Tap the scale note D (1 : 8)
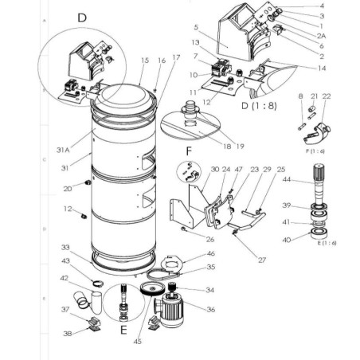[259, 104]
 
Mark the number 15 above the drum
[144, 60]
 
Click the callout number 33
[65, 248]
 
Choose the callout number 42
[65, 277]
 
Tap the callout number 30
[193, 168]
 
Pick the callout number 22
[327, 96]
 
